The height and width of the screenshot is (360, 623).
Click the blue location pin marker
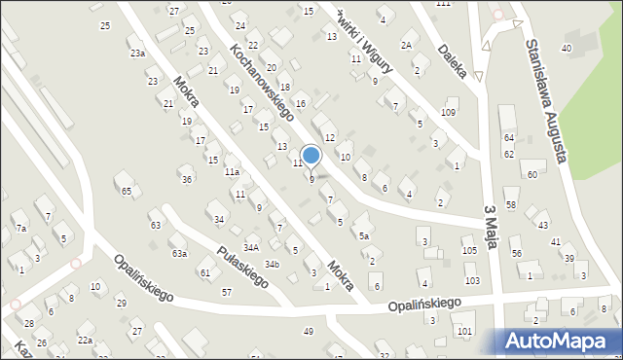pos(311,156)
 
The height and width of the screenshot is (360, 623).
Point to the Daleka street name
pos(455,59)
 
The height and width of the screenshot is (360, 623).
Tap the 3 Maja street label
pos(493,229)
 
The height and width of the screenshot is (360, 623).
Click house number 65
pos(127,191)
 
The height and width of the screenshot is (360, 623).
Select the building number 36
pos(186,179)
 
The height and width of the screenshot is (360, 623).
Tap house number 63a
pos(179,253)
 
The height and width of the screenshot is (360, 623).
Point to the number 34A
pos(251,247)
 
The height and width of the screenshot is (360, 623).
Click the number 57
pos(227,292)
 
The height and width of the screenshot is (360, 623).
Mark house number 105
pos(470,251)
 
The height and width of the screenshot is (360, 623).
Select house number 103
pos(472,280)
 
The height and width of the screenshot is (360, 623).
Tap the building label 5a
pos(364,235)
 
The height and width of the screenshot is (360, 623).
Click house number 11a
pos(232,171)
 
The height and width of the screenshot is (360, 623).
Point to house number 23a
pos(137,54)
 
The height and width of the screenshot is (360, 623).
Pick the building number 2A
pos(407,46)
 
